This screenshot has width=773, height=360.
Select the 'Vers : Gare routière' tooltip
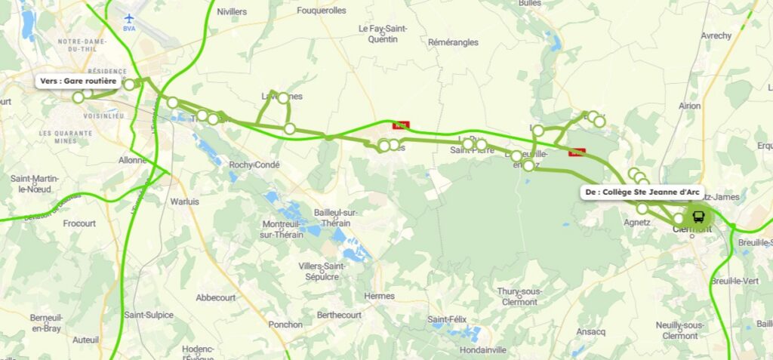point(79,81)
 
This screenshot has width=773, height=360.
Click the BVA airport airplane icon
point(129,17)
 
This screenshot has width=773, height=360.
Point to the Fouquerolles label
point(321,11)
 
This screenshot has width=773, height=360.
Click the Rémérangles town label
point(453,43)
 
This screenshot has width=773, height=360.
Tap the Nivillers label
point(232,12)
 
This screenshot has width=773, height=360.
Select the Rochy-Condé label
point(254,165)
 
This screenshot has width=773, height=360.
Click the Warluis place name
point(184,202)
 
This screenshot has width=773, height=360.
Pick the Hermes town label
point(379,295)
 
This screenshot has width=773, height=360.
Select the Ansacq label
point(590,331)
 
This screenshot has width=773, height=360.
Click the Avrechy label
point(716,35)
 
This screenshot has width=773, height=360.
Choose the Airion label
point(689,106)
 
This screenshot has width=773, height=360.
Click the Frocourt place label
point(79,224)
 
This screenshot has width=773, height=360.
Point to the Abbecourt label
point(216,297)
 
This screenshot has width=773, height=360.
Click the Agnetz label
point(637,223)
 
